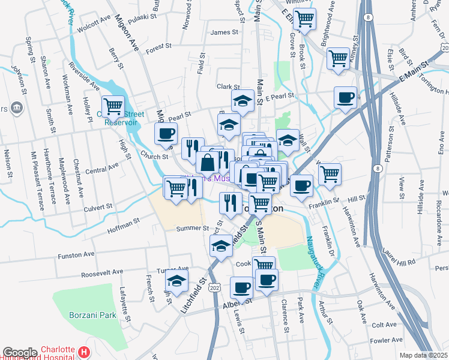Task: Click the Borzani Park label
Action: (91, 314)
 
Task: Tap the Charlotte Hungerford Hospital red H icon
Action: (85, 352)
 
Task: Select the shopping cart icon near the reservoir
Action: (113, 106)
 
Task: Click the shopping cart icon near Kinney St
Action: (339, 58)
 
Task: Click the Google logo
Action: (19, 353)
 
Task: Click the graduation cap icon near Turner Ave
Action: (176, 280)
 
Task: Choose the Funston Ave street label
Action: (76, 255)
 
